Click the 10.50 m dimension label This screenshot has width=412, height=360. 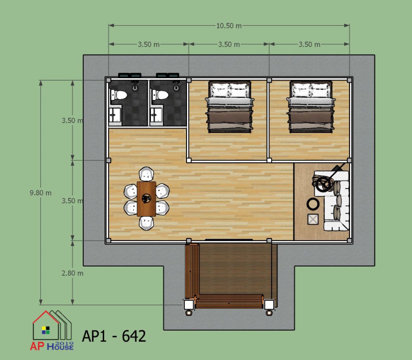[229, 25]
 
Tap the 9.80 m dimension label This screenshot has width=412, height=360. [40, 193]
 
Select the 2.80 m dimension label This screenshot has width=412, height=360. [73, 273]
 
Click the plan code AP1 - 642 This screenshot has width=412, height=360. [114, 336]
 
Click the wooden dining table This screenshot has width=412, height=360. [146, 199]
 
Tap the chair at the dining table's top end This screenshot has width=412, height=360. [146, 174]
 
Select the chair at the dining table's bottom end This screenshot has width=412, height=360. [146, 223]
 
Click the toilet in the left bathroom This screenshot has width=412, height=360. [119, 95]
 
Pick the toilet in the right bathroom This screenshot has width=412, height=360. [160, 95]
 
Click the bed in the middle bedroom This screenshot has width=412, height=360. [230, 107]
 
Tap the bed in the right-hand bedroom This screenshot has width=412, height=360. [311, 107]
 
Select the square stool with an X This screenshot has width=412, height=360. [313, 219]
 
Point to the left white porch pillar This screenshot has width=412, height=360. [189, 305]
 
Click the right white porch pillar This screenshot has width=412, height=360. [269, 305]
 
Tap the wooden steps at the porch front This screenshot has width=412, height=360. [229, 301]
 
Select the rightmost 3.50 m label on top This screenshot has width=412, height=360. [309, 44]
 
